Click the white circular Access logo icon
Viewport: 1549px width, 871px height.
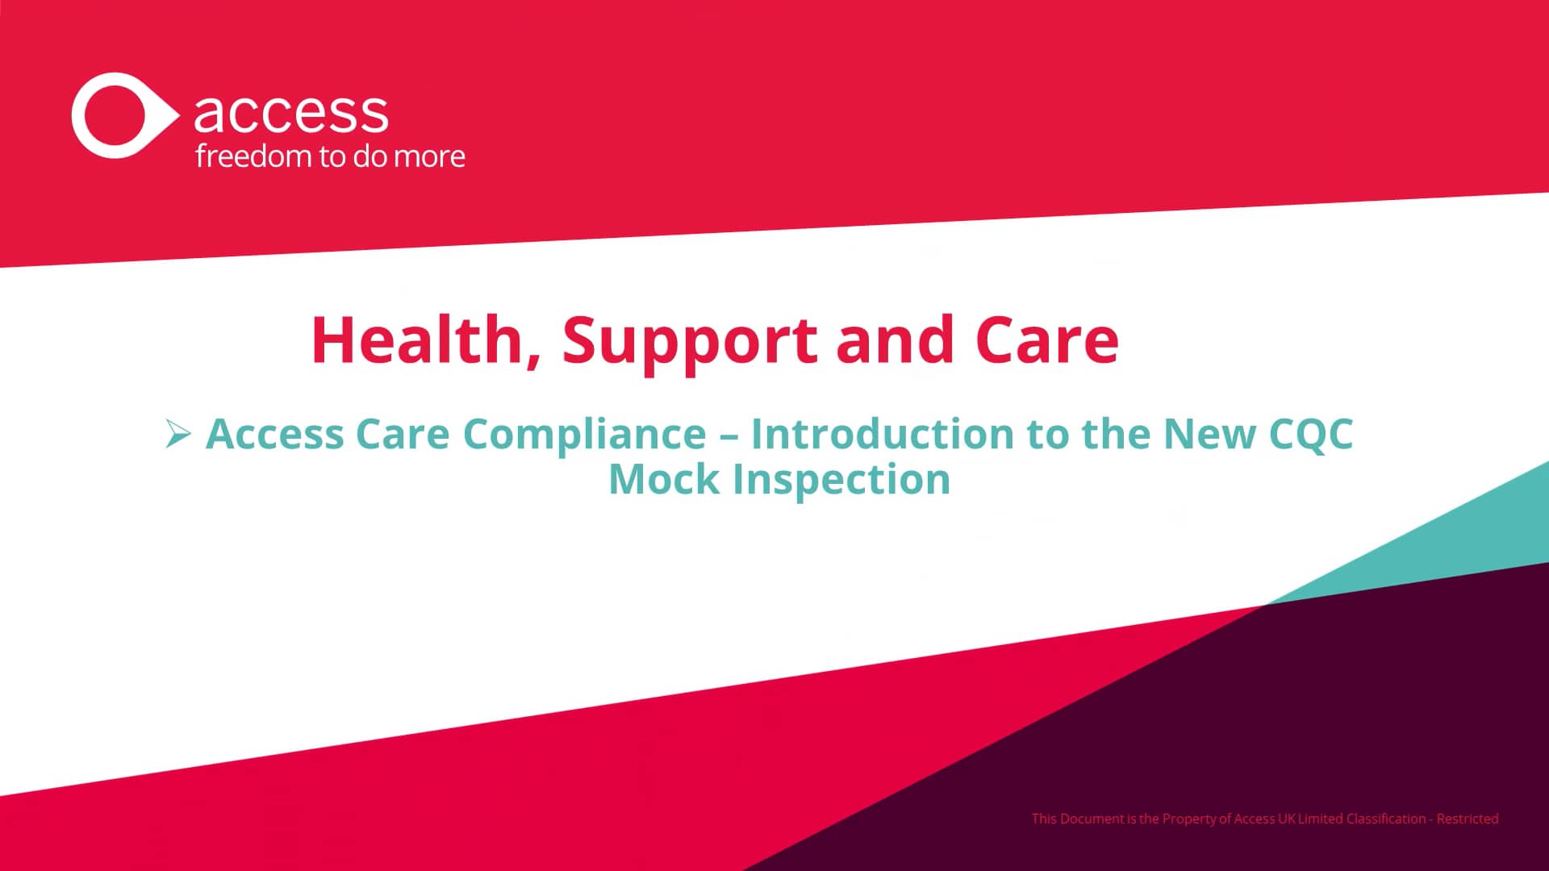[x=121, y=115]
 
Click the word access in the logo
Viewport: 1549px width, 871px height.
[x=290, y=113]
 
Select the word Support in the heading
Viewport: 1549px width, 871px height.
[x=690, y=341]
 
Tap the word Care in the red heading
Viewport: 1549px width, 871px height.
[x=1046, y=340]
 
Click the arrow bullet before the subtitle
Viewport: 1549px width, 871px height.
[x=177, y=434]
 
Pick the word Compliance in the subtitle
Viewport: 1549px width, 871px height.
[x=584, y=435]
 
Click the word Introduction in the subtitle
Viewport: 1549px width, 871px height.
[x=882, y=434]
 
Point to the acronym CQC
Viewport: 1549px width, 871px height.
[x=1310, y=435]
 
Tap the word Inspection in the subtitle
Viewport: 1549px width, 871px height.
[x=841, y=480]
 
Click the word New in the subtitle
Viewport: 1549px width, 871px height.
[x=1209, y=434]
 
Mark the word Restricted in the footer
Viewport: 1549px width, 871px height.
[x=1468, y=819]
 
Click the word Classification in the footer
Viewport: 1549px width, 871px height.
[x=1385, y=819]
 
